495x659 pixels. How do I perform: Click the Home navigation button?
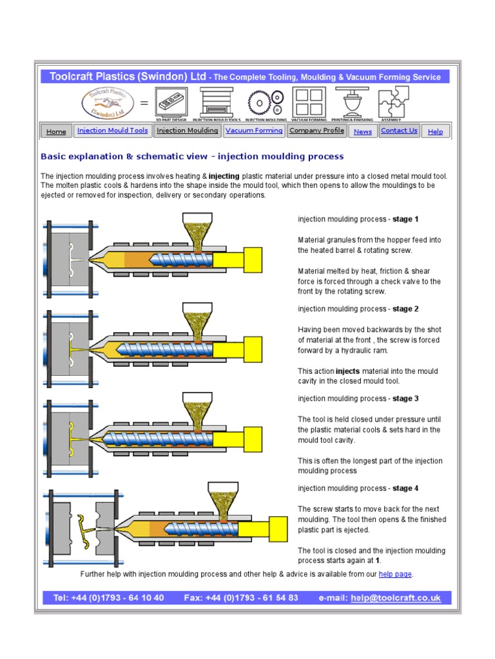tap(56, 131)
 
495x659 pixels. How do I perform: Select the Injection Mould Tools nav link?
tap(112, 131)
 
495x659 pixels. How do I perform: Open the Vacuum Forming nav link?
tap(254, 131)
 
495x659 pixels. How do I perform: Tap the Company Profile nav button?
tap(316, 131)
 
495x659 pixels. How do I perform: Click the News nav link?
tap(363, 131)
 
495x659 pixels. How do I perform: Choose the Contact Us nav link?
tap(399, 131)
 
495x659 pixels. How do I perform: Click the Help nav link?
tap(435, 131)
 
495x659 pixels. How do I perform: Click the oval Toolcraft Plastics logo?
tap(107, 103)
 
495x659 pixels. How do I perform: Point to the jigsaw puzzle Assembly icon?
tap(393, 102)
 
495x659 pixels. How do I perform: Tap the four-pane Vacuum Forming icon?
tap(309, 102)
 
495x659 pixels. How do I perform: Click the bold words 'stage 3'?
tap(405, 399)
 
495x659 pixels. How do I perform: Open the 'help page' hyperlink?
tap(395, 574)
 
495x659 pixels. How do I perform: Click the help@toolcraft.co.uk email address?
tap(396, 598)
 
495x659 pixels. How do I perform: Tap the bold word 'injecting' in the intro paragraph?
tap(224, 176)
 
